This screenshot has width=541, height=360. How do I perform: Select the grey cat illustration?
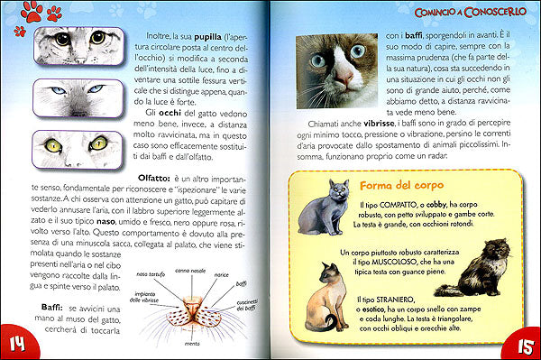point(324,208)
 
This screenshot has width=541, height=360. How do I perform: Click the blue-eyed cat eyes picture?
point(71,94)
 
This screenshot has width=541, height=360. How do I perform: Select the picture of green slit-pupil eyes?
point(71,146)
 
